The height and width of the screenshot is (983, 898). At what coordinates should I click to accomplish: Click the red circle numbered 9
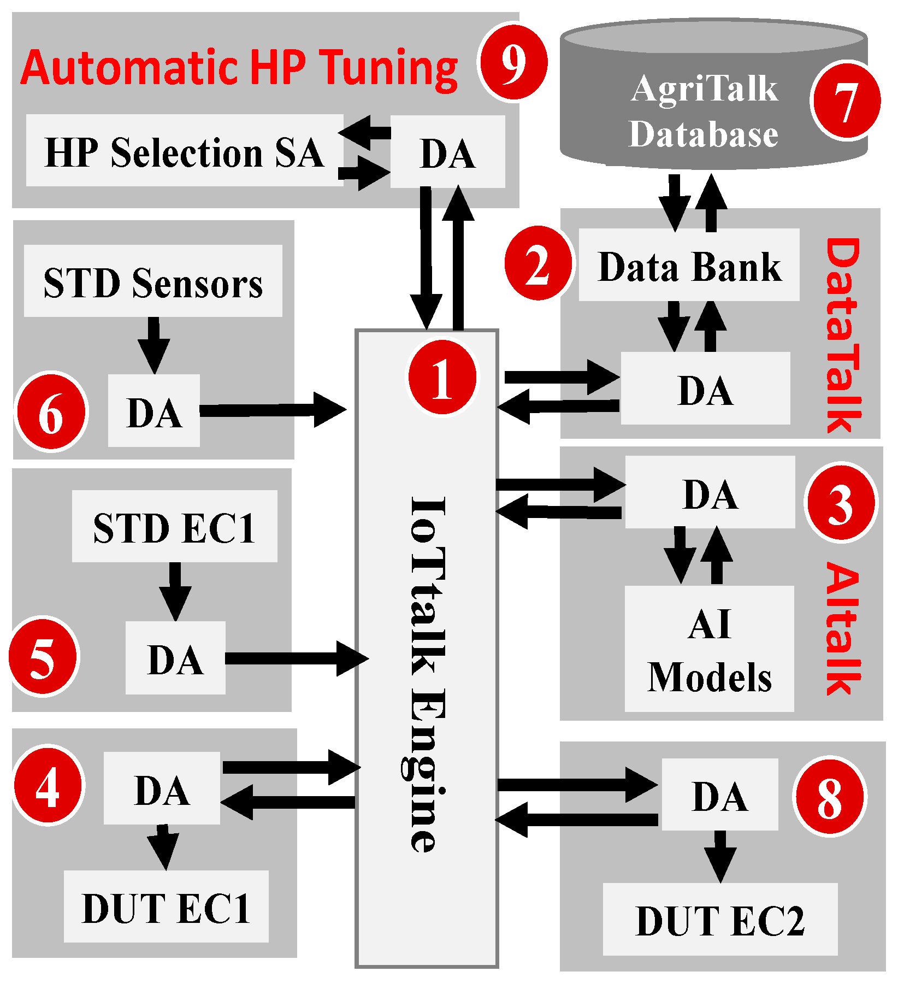(x=512, y=62)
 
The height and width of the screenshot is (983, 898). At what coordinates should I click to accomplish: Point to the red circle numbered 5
(x=44, y=656)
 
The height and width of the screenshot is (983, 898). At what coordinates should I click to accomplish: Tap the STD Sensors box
(x=153, y=281)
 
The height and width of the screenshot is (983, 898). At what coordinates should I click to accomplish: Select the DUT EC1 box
(x=166, y=907)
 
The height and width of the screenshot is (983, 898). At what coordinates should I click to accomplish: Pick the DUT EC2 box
(x=720, y=920)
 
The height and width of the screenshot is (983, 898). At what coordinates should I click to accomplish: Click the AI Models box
(x=709, y=649)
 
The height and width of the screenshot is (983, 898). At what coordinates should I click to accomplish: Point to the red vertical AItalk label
(x=843, y=628)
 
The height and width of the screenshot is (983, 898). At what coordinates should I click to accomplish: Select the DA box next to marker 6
(x=154, y=411)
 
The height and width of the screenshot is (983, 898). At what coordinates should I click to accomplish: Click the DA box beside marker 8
(x=719, y=795)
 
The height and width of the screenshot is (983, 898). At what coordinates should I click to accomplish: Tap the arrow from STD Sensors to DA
(x=153, y=344)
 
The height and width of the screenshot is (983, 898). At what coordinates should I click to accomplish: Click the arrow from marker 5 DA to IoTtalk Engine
(x=295, y=658)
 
